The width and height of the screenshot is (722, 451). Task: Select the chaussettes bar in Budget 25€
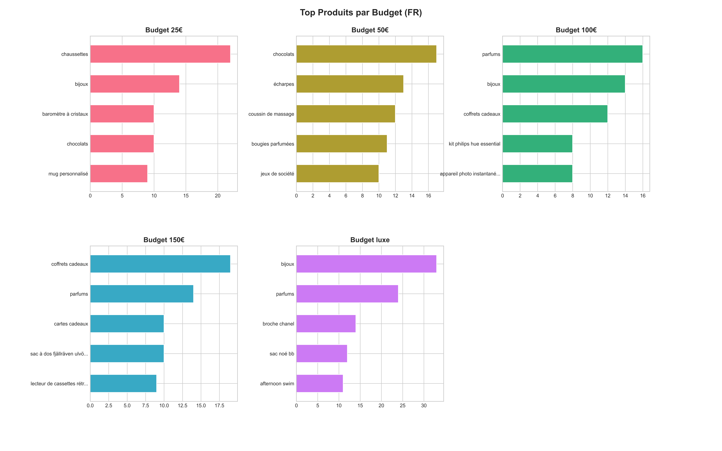tap(160, 54)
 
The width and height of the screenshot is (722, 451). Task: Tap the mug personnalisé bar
tap(119, 174)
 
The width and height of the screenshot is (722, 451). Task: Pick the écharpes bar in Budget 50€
tap(350, 84)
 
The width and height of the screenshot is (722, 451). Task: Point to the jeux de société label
tap(277, 174)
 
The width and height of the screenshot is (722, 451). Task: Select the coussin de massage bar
tap(346, 114)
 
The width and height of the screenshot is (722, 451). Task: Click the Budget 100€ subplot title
tap(576, 30)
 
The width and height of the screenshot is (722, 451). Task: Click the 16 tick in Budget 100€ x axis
tap(643, 196)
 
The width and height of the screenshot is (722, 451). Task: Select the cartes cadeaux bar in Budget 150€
tap(127, 324)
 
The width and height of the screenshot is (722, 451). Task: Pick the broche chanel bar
tap(326, 324)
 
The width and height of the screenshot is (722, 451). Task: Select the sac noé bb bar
tap(322, 353)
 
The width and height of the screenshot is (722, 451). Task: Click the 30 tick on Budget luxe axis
tap(424, 406)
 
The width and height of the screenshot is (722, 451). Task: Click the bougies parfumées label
tap(273, 144)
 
